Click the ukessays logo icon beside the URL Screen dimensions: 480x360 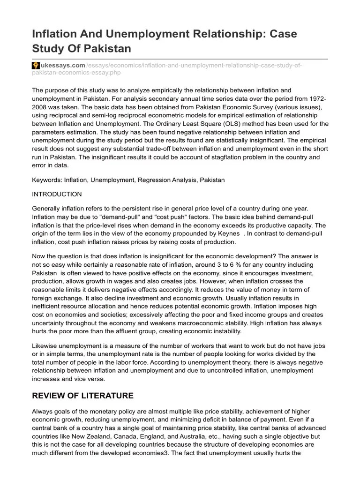tap(35, 65)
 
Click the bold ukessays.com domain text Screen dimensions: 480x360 tap(55, 65)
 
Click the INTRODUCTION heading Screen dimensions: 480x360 tap(56, 194)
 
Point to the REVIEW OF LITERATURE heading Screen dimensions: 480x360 tap(82, 395)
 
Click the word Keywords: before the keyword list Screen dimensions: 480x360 tap(47, 180)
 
